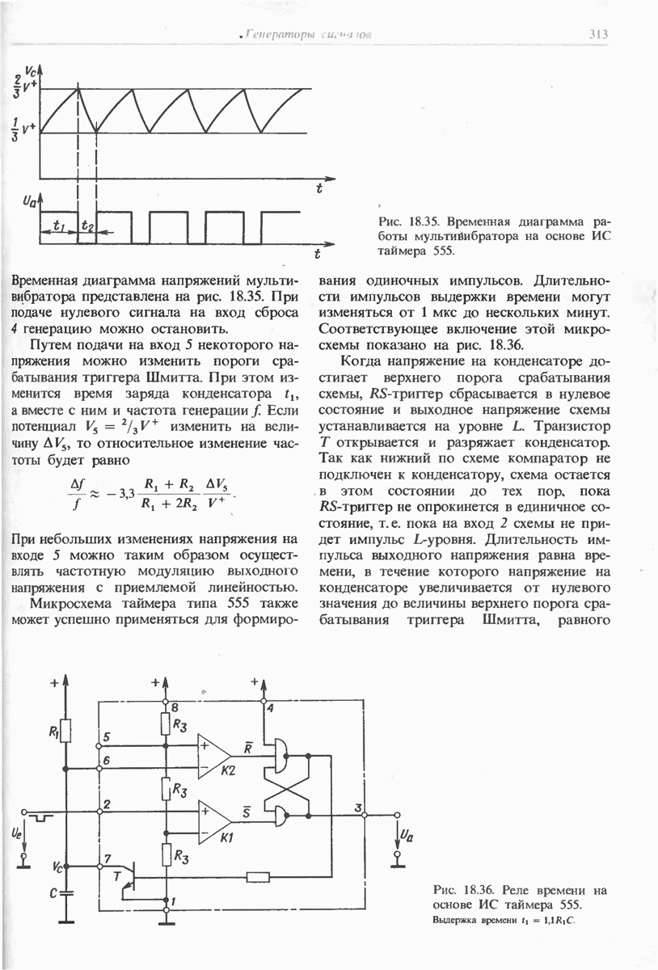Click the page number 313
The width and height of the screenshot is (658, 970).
tap(597, 34)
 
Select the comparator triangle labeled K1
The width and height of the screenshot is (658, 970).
tap(213, 819)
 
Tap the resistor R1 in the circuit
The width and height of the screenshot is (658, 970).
tap(65, 733)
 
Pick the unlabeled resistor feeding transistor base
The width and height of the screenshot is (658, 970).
tap(259, 876)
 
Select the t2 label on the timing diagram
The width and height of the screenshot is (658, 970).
tap(86, 226)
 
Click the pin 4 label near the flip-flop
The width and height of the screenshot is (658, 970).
tap(270, 709)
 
